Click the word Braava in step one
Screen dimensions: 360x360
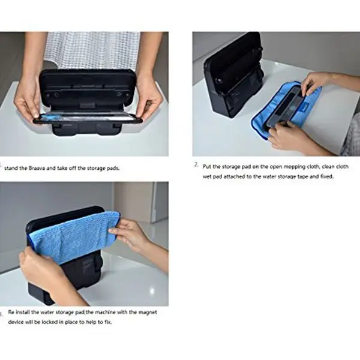point(37,168)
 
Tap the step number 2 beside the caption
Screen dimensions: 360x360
point(196,164)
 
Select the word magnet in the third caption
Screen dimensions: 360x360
point(148,312)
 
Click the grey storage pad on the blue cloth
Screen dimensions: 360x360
point(284,106)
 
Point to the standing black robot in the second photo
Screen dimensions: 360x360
point(233,73)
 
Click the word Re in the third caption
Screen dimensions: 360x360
point(11,312)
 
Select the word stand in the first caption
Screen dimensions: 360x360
point(11,168)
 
